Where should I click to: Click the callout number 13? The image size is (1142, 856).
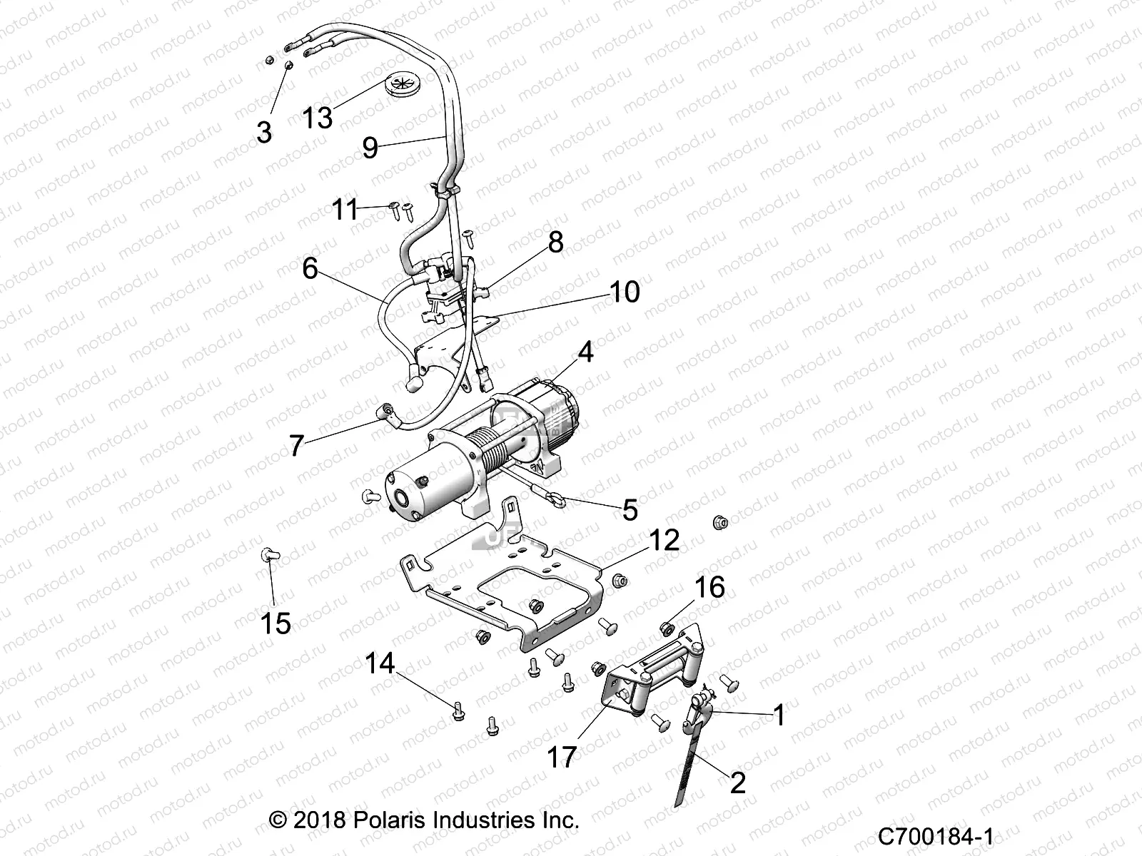pyautogui.click(x=317, y=116)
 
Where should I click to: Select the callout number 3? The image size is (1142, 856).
pyautogui.click(x=264, y=132)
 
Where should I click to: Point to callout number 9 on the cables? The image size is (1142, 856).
pyautogui.click(x=370, y=148)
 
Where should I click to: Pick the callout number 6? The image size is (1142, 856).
pyautogui.click(x=310, y=269)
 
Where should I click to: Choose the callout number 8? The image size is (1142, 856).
pyautogui.click(x=555, y=243)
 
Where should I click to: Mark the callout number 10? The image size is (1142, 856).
pyautogui.click(x=625, y=292)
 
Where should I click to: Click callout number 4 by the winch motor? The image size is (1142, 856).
pyautogui.click(x=585, y=352)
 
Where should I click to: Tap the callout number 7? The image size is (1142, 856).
pyautogui.click(x=297, y=446)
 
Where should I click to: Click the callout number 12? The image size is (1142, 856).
pyautogui.click(x=664, y=540)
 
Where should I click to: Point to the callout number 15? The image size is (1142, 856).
pyautogui.click(x=276, y=623)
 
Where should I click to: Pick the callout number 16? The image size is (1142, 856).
pyautogui.click(x=709, y=587)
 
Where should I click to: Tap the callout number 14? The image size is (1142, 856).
pyautogui.click(x=380, y=663)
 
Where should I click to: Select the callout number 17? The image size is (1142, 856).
pyautogui.click(x=561, y=757)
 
